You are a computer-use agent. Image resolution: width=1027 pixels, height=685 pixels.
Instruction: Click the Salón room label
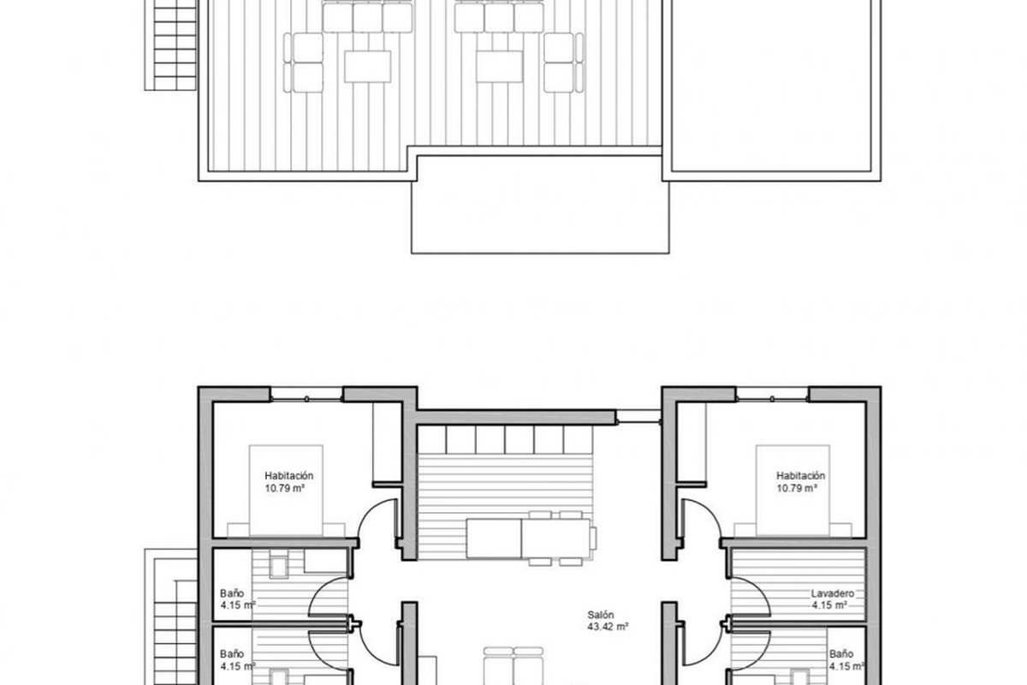pos(600,614)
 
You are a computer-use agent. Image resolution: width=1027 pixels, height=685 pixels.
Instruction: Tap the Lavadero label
pos(833,593)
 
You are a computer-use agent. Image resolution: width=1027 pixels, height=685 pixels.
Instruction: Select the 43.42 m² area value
pos(608,627)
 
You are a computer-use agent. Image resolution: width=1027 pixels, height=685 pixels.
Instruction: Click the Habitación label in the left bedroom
pos(289,476)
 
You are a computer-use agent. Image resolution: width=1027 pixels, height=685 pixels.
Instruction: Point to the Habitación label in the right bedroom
pos(800,476)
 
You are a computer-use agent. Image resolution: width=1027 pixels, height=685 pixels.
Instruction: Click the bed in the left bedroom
pos(286,490)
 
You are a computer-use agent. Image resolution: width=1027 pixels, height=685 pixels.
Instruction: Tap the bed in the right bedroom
pos(793,490)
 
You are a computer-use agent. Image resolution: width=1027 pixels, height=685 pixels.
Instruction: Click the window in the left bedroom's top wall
pos(306,395)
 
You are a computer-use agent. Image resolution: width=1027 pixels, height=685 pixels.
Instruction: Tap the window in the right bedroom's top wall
pos(773,395)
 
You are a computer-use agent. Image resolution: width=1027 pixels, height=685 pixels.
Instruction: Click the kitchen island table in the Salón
pos(528,539)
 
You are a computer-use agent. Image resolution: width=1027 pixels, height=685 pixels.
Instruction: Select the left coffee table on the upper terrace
pos(368,67)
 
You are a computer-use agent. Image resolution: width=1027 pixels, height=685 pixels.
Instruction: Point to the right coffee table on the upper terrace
pos(499,67)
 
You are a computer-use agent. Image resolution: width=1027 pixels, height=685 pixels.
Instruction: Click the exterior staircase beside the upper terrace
pos(171,45)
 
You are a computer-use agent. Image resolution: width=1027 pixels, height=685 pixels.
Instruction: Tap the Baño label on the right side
pos(841,654)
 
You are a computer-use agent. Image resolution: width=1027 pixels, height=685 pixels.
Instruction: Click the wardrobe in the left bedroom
pos(388,443)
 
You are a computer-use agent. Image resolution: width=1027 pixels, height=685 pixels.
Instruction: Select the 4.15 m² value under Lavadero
pos(829,605)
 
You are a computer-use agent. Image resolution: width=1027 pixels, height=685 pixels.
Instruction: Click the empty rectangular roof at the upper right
pos(771,86)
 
